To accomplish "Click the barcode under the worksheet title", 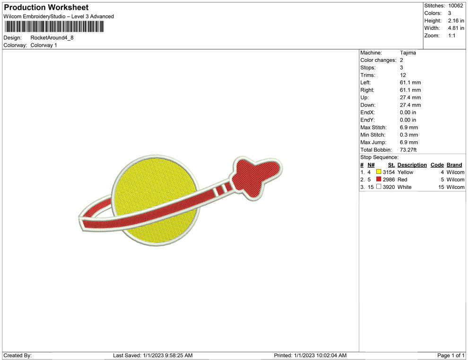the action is click(54, 26).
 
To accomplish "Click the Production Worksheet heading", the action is click(46, 8).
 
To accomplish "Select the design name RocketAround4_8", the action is click(52, 38).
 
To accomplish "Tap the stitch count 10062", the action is click(455, 6).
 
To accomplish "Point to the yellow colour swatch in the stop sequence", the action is click(379, 172).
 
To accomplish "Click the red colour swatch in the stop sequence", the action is click(379, 179).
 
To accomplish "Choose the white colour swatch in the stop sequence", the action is click(379, 187).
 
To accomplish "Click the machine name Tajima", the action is click(407, 53).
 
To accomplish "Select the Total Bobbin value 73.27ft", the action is click(408, 150).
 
